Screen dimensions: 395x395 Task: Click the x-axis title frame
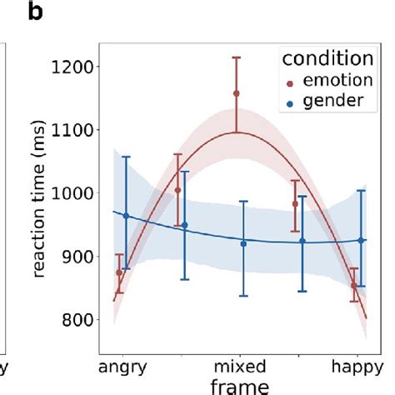241,385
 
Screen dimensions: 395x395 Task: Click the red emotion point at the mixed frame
236,93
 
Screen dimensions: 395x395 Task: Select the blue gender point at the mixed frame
243,243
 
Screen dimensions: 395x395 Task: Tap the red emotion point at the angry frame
118,272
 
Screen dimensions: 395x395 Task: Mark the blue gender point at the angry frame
126,216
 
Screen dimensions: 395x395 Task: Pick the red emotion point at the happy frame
354,286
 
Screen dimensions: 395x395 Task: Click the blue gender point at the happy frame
361,240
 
